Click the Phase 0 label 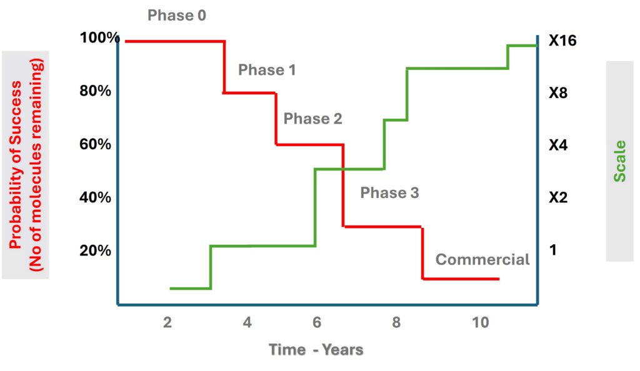coord(177,16)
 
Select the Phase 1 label coord(267,70)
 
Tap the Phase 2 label coord(312,119)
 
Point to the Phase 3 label coord(389,192)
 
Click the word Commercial coord(482,259)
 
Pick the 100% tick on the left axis coord(99,37)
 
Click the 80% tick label coord(95,91)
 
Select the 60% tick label coord(95,144)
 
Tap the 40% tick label coord(95,197)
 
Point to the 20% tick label coord(95,250)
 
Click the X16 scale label coord(562,41)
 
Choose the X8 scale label coord(558,93)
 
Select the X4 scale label coord(558,145)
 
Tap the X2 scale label coord(558,197)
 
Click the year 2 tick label coord(167,322)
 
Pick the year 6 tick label coord(317,322)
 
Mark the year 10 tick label coord(481,322)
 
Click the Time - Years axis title coord(316,349)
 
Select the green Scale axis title coord(619,161)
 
